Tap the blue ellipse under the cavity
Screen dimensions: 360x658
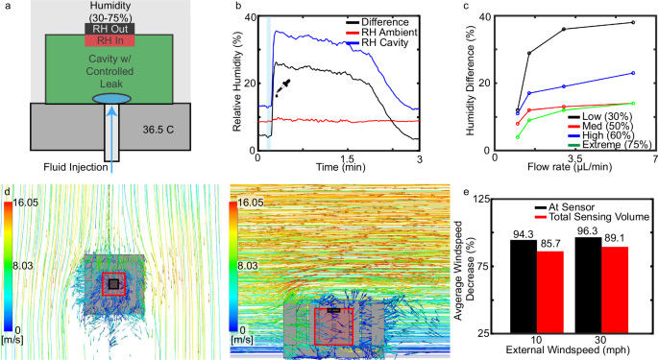point(112,98)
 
